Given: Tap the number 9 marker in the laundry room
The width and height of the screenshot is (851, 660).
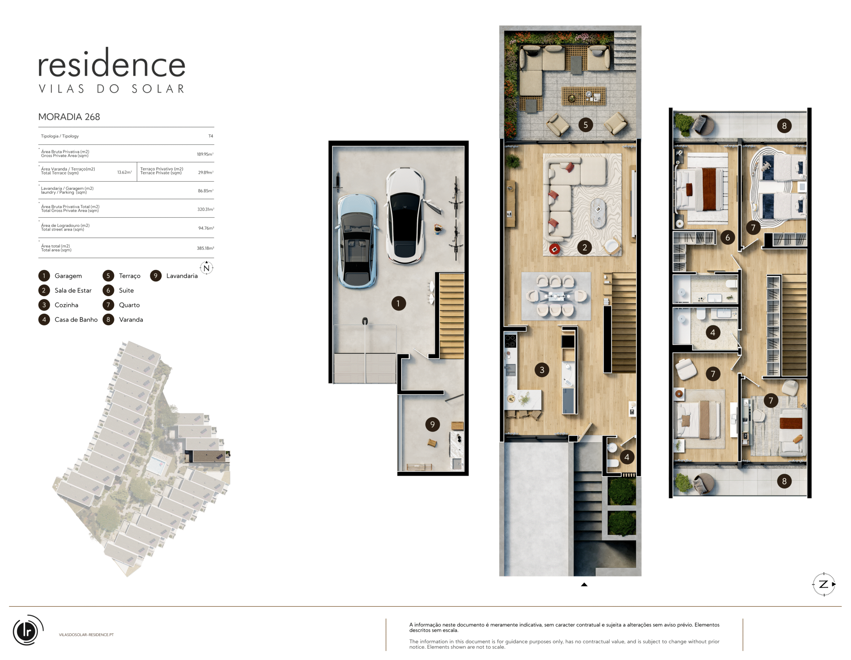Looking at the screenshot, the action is [x=432, y=424].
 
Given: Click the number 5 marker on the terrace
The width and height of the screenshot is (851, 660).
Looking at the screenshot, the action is [x=586, y=125].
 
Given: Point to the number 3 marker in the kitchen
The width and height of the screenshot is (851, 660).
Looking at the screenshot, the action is [x=542, y=370].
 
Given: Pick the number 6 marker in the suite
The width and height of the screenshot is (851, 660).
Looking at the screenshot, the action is [x=727, y=238].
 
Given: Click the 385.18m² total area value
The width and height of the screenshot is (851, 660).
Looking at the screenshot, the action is [x=205, y=248].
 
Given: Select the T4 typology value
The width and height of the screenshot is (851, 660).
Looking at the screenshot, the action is [x=211, y=136].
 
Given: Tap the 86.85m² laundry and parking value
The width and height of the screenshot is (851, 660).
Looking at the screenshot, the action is [x=206, y=191].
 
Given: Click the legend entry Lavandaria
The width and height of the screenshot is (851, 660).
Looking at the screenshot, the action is [x=182, y=276].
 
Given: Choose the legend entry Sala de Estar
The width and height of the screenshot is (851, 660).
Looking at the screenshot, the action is [x=73, y=290].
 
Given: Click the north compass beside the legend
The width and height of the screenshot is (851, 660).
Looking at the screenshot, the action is [x=206, y=268].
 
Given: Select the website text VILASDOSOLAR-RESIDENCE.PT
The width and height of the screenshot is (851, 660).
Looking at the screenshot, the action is [x=86, y=635].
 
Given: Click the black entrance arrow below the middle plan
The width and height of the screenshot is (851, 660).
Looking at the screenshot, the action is [x=584, y=584].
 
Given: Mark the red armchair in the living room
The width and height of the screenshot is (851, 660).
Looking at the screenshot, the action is [x=554, y=249].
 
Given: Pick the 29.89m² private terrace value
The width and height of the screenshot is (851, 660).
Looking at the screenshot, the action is [x=206, y=172].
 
